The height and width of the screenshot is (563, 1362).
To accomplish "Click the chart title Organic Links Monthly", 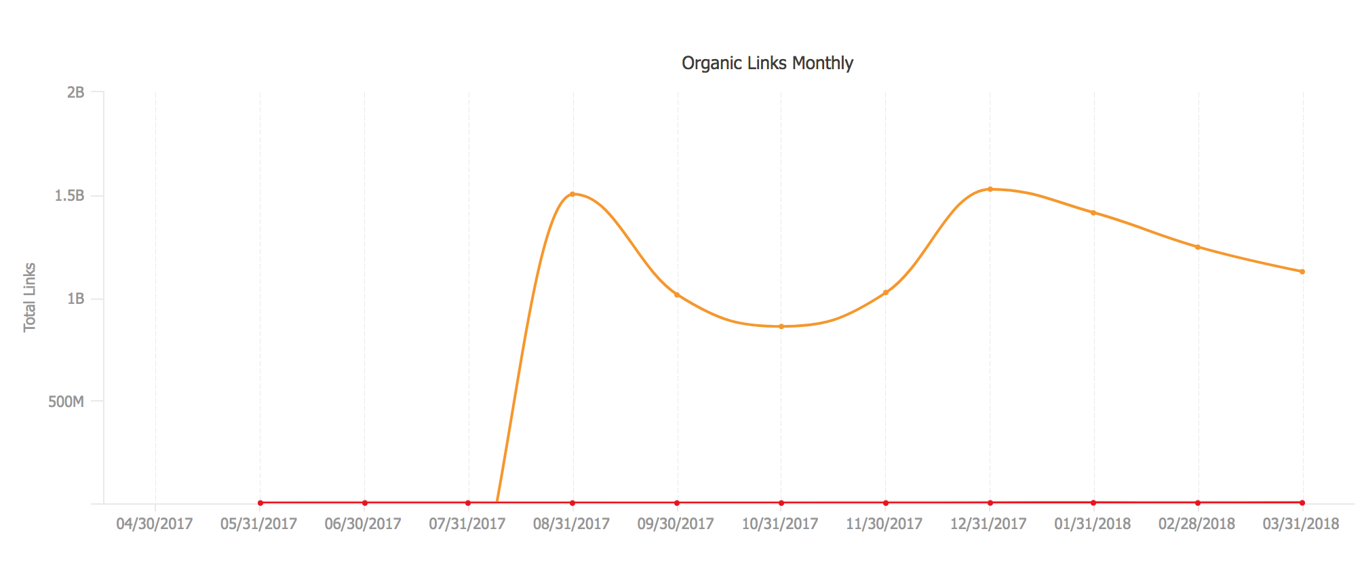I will tap(767, 63).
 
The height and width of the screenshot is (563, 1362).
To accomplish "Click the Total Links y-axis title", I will tap(29, 297).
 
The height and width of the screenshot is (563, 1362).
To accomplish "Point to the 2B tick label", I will tap(75, 92).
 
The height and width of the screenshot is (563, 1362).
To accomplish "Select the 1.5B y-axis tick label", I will tap(69, 196).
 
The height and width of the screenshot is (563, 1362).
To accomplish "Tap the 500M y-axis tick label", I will tap(66, 402).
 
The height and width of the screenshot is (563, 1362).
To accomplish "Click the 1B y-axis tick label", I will tap(75, 298).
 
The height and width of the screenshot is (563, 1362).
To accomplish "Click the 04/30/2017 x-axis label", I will tap(155, 524).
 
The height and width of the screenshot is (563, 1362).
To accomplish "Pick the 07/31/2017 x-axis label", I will tap(467, 524).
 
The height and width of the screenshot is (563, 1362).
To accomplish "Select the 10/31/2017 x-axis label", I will tap(780, 524).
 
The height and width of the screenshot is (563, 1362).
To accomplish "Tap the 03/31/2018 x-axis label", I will tap(1301, 524).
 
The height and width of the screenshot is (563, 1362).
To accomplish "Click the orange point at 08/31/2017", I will tap(572, 194).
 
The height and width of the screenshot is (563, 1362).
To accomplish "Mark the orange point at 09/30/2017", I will tap(677, 294).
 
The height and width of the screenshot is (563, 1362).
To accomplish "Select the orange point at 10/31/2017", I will tap(781, 326).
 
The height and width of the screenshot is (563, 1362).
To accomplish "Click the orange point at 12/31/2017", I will tap(990, 189).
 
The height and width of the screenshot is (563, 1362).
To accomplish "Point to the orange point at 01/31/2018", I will tap(1093, 213).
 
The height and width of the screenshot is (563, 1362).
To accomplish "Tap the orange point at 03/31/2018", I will tap(1302, 271).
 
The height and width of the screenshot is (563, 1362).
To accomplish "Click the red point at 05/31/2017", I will tap(260, 503).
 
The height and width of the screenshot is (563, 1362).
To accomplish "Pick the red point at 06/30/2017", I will tap(365, 503).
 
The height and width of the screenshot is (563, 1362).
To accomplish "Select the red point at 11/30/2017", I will tap(886, 503).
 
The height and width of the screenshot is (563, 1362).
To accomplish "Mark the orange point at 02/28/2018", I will tap(1198, 247).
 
